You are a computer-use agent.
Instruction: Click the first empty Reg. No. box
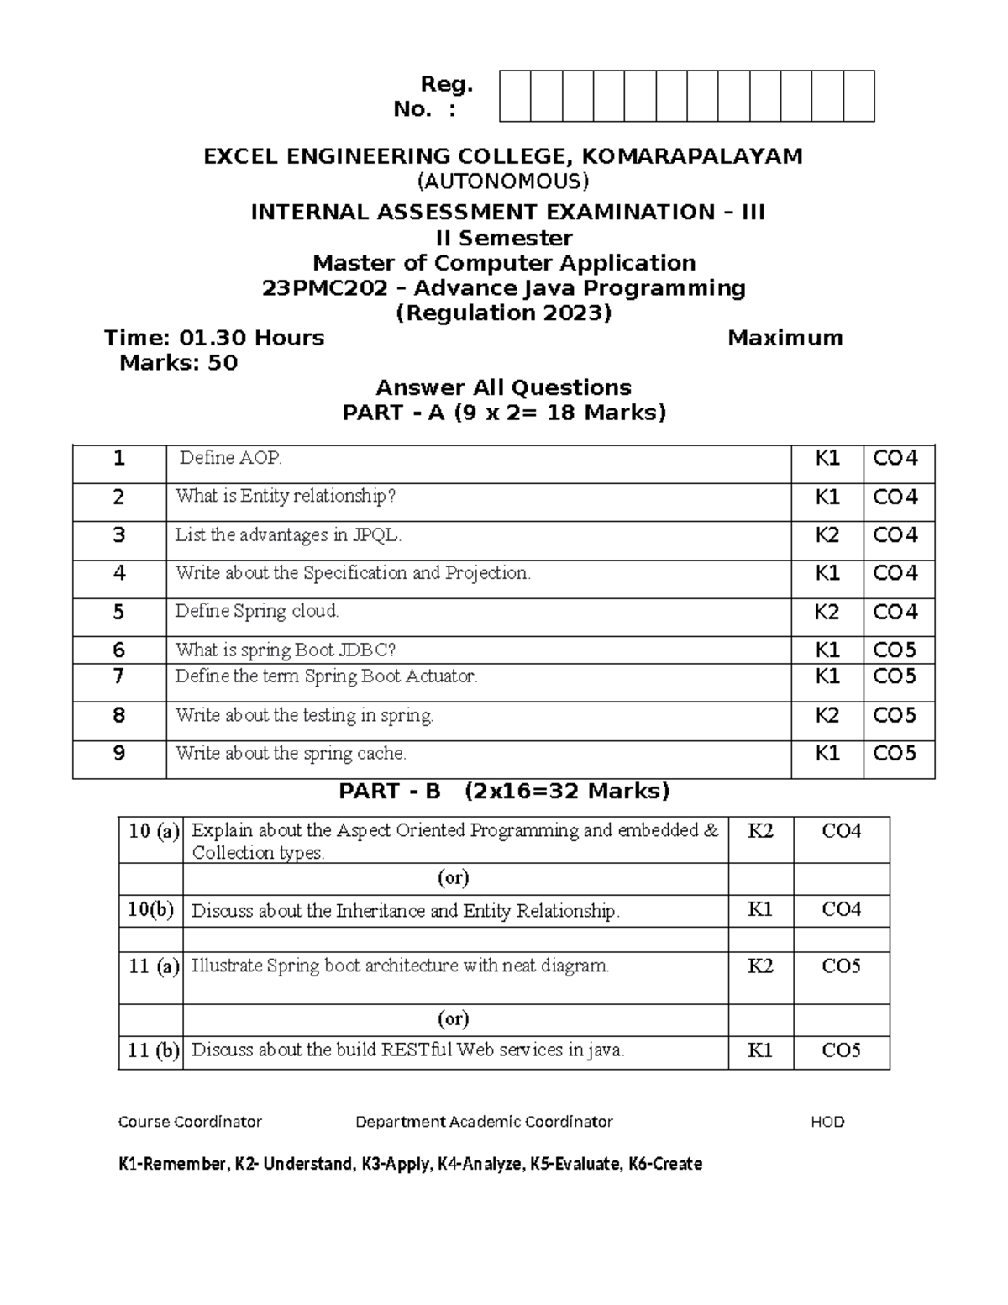pos(515,97)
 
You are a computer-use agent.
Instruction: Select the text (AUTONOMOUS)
pos(504,182)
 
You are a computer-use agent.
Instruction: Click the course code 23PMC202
pos(325,288)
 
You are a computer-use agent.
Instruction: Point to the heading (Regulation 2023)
pos(503,313)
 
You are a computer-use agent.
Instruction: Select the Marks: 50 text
pos(178,363)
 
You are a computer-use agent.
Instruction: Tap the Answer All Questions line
pos(503,387)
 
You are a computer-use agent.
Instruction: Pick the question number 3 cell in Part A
pos(118,535)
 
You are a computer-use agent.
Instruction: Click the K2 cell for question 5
pos(827,613)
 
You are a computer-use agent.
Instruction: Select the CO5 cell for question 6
pos(895,650)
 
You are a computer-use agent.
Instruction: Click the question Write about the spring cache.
pos(291,754)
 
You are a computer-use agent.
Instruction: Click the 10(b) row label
pos(150,911)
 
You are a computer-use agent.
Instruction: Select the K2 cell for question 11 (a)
pos(760,966)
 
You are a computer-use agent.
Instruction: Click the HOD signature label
pos(827,1122)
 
